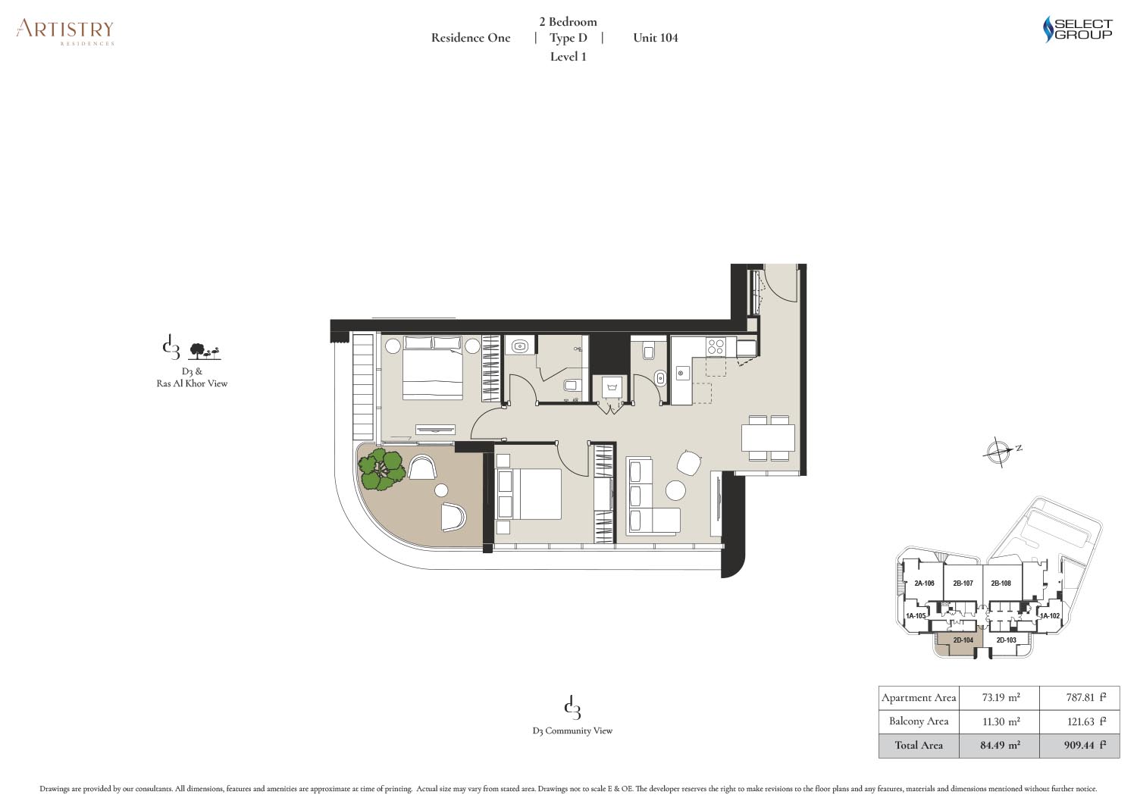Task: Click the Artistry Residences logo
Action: click(x=65, y=32)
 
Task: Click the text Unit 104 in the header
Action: click(x=656, y=38)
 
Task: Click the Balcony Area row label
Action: click(x=918, y=721)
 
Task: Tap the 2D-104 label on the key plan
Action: click(x=963, y=640)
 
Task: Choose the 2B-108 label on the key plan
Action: click(x=1001, y=583)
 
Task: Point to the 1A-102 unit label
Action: click(x=1050, y=615)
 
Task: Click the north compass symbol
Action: click(x=998, y=451)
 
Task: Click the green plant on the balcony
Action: click(x=381, y=469)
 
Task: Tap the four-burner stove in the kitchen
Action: click(x=716, y=346)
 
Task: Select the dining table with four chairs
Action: click(x=768, y=437)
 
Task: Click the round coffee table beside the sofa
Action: click(x=675, y=490)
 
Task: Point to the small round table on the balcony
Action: click(x=442, y=490)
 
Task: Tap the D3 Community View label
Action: click(x=572, y=731)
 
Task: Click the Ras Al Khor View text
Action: click(x=192, y=383)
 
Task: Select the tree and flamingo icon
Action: click(x=205, y=352)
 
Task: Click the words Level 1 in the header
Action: click(x=568, y=57)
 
